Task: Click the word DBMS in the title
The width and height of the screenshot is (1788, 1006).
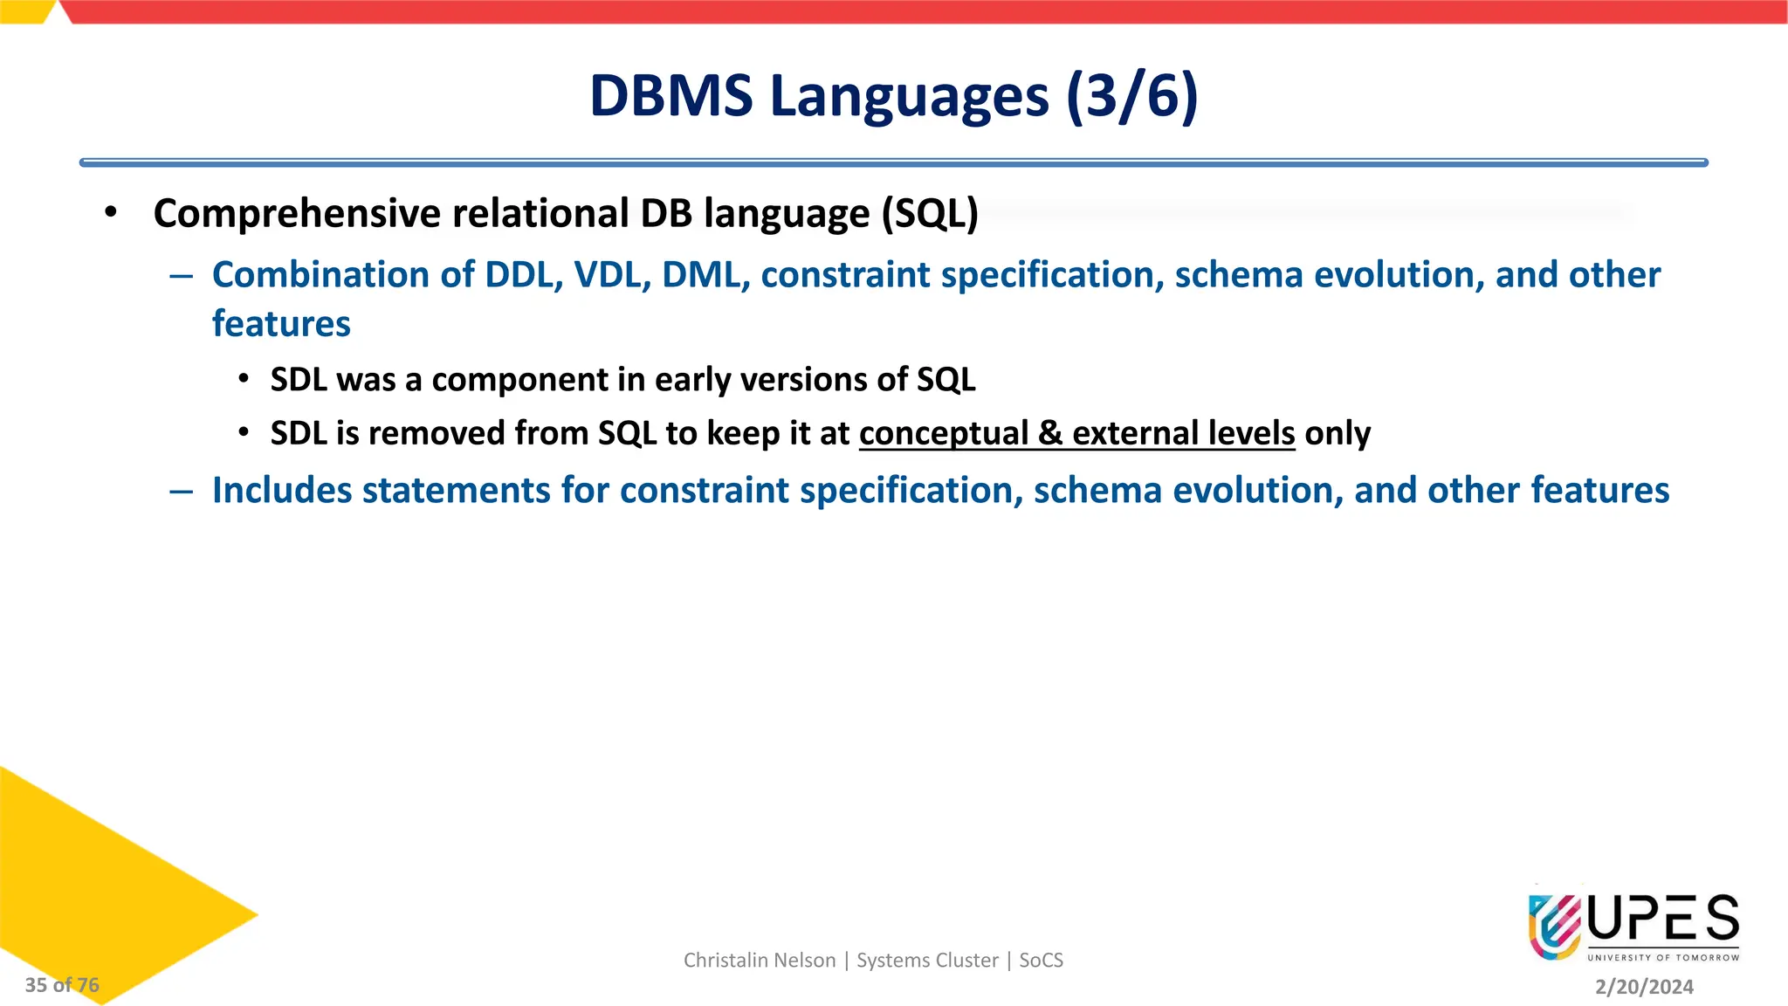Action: pos(670,96)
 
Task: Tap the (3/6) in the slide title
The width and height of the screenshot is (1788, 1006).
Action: pos(1131,96)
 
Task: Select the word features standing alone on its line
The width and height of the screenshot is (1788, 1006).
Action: pos(281,324)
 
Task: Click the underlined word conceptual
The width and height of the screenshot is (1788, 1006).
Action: pos(943,433)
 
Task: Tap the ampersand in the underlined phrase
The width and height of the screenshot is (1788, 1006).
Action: pos(1050,433)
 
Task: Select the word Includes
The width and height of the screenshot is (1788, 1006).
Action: pos(281,491)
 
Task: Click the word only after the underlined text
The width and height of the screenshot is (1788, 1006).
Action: pos(1338,433)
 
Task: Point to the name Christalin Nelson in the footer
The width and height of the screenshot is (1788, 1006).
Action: pos(760,961)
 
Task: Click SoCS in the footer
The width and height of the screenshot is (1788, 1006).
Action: pos(1041,961)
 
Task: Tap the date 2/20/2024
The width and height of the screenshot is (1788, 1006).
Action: pos(1644,987)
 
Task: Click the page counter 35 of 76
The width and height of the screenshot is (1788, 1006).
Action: pos(62,985)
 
